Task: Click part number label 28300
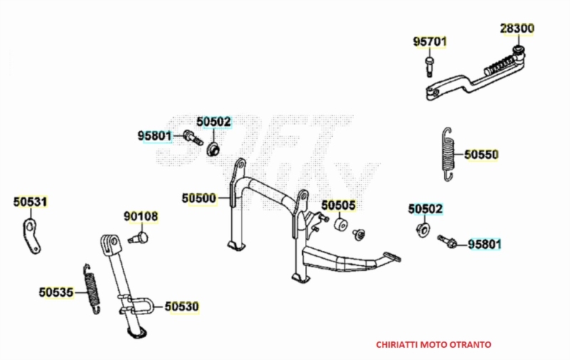pyautogui.click(x=517, y=29)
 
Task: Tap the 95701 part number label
pyautogui.click(x=430, y=42)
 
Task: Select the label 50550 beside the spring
pyautogui.click(x=482, y=155)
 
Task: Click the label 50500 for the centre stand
pyautogui.click(x=199, y=198)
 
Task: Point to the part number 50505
pyautogui.click(x=338, y=205)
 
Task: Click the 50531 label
pyautogui.click(x=31, y=202)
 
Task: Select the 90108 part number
pyautogui.click(x=141, y=217)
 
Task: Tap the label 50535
pyautogui.click(x=56, y=292)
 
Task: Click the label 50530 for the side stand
pyautogui.click(x=182, y=307)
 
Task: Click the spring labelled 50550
pyautogui.click(x=449, y=154)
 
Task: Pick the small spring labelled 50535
pyautogui.click(x=92, y=289)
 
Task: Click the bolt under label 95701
pyautogui.click(x=430, y=66)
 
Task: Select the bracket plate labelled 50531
pyautogui.click(x=31, y=237)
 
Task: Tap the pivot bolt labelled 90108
pyautogui.click(x=138, y=238)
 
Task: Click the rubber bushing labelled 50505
pyautogui.click(x=341, y=225)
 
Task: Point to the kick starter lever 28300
pyautogui.click(x=476, y=73)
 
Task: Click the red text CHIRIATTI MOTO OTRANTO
pyautogui.click(x=433, y=344)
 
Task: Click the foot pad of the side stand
pyautogui.click(x=137, y=333)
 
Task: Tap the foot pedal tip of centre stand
pyautogui.click(x=392, y=257)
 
